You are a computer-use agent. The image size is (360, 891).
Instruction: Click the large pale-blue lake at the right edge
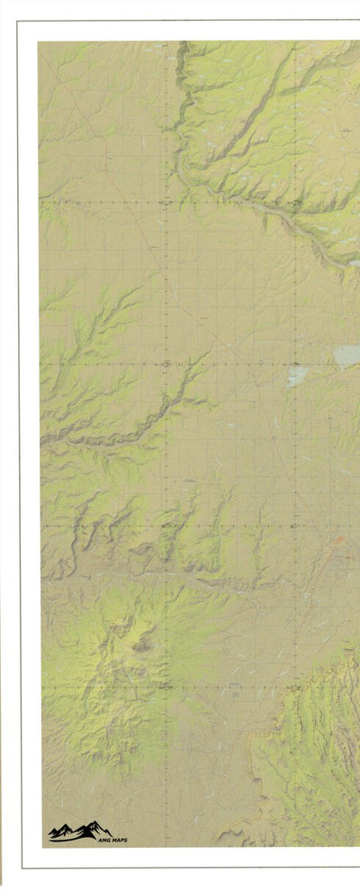pos(348,355)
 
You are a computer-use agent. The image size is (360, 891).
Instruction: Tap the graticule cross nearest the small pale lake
pos(295,364)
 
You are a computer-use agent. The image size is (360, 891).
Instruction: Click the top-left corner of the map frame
pos(39,41)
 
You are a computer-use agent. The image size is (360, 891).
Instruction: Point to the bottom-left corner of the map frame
pos(41,847)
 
